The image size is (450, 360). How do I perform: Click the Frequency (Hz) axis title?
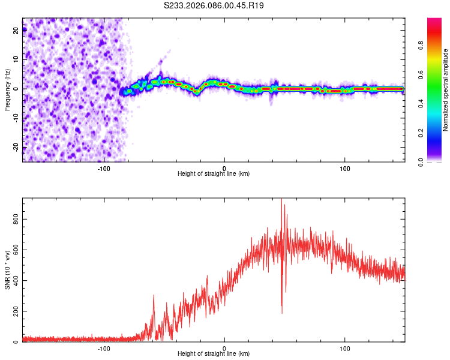click(7, 89)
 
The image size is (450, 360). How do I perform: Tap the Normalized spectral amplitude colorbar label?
click(445, 90)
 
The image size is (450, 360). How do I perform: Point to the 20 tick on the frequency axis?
click(16, 31)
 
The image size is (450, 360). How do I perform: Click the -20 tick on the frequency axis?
click(16, 147)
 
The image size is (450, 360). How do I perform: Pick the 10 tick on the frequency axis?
click(16, 59)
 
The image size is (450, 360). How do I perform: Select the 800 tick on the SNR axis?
click(16, 220)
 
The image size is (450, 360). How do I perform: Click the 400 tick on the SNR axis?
click(16, 281)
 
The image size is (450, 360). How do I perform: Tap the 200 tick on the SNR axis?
click(16, 312)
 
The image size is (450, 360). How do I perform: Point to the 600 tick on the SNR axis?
click(16, 250)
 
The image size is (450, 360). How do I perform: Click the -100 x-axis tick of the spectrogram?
click(104, 167)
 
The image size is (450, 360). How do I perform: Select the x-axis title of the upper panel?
click(214, 174)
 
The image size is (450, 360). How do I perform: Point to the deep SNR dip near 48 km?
click(282, 313)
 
